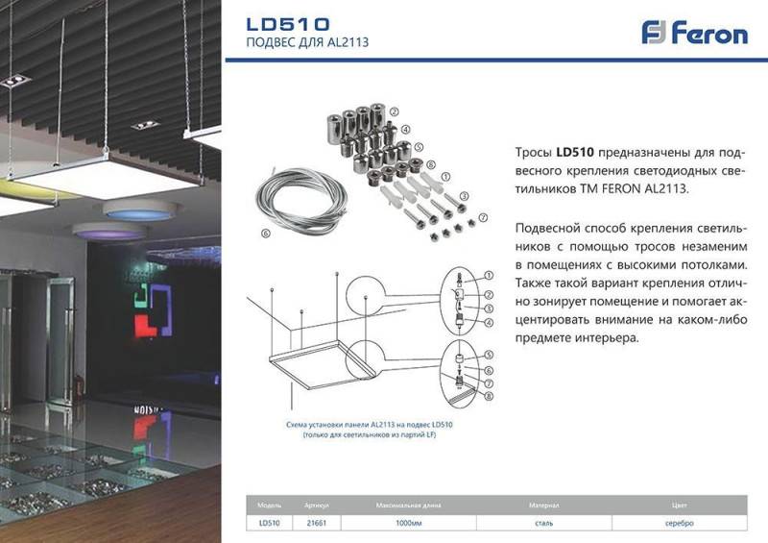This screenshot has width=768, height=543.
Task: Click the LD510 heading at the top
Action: pyautogui.click(x=288, y=23)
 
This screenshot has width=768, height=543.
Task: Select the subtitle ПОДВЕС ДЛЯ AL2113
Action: pyautogui.click(x=307, y=43)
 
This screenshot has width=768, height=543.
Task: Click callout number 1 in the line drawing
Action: pyautogui.click(x=488, y=276)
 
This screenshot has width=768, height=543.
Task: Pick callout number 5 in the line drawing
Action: pyautogui.click(x=488, y=355)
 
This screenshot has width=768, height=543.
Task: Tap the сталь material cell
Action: pyautogui.click(x=542, y=523)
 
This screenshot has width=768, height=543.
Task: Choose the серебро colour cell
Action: pyautogui.click(x=680, y=523)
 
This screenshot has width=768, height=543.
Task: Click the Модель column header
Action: pyautogui.click(x=269, y=505)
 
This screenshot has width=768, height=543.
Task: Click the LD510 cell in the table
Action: pyautogui.click(x=269, y=523)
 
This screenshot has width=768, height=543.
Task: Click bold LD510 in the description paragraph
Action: pyautogui.click(x=576, y=152)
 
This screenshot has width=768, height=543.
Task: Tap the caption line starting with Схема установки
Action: pyautogui.click(x=370, y=424)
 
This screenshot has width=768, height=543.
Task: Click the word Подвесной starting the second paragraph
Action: pyautogui.click(x=548, y=227)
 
